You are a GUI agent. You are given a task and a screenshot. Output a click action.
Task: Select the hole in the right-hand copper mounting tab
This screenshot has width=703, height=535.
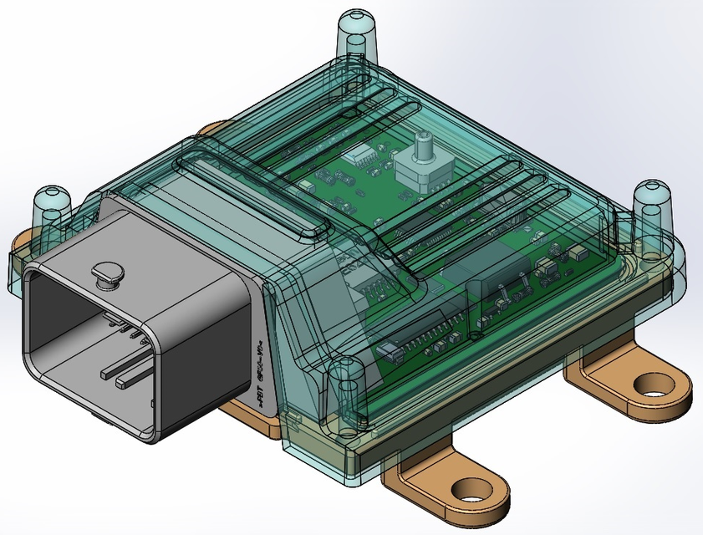[653, 385]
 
